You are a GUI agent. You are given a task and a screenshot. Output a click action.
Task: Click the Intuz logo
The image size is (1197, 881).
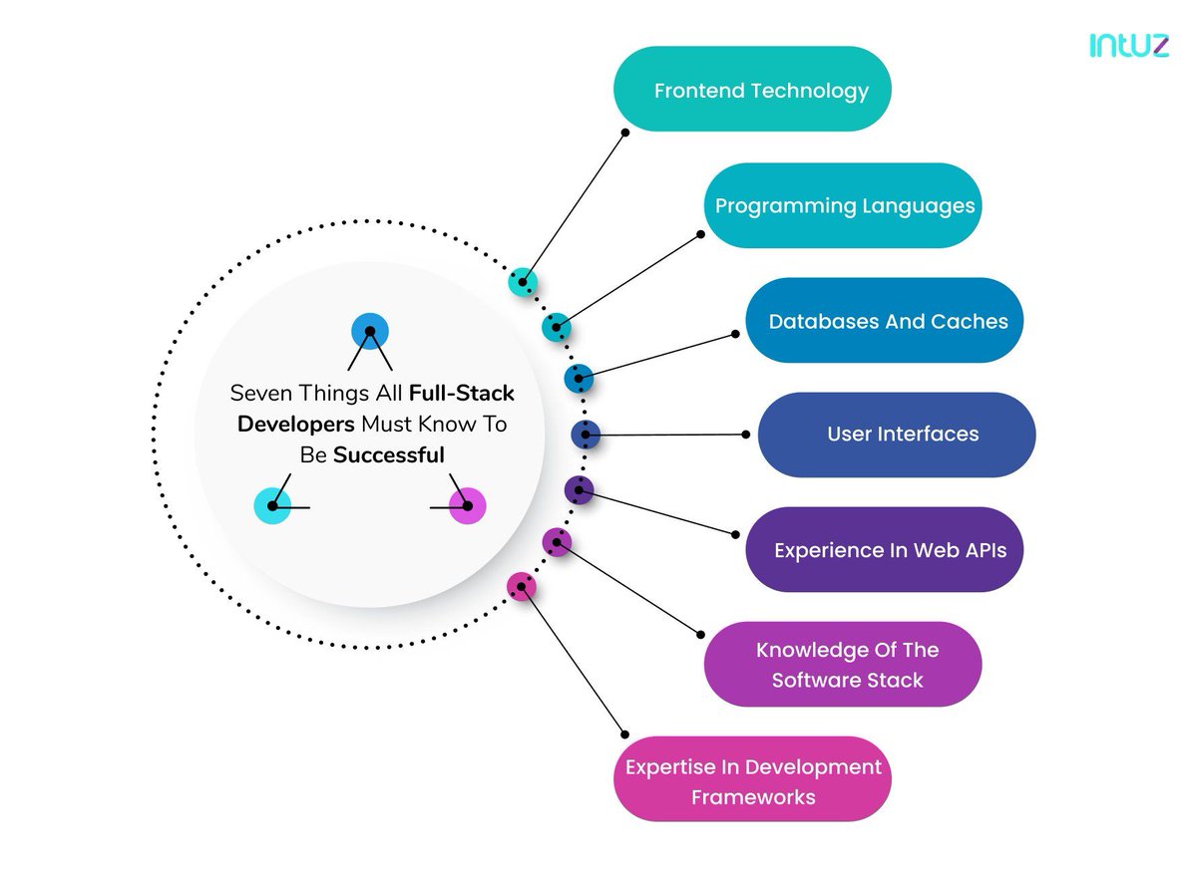click(1128, 46)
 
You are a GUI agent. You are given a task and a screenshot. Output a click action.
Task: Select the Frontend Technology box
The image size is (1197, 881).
click(751, 90)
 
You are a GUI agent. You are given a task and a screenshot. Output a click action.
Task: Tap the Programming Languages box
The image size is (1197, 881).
click(844, 206)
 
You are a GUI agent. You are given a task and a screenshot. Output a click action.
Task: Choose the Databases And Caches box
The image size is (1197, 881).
click(885, 321)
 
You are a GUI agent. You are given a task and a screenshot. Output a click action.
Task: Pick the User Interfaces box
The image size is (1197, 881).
click(897, 435)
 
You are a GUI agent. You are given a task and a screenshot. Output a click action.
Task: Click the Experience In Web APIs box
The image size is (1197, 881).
click(885, 550)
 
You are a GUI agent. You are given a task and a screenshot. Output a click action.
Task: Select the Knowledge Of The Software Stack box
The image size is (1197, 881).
click(843, 665)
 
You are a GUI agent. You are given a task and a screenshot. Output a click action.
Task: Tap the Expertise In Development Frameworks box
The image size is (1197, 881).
click(751, 780)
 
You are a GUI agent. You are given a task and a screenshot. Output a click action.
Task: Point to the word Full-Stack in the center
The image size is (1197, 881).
click(462, 393)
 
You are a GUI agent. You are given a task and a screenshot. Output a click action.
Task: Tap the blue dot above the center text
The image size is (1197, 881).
click(370, 330)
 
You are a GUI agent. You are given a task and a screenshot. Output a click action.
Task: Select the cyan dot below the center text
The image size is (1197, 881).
click(272, 506)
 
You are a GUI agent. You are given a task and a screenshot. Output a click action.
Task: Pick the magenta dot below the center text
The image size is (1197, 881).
click(468, 506)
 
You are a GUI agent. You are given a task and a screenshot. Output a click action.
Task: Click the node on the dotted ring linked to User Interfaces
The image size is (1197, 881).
click(586, 435)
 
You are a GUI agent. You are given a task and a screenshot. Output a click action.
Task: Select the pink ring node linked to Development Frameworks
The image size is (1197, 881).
click(521, 586)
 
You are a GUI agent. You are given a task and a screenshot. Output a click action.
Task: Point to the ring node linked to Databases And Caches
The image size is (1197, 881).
click(579, 378)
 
